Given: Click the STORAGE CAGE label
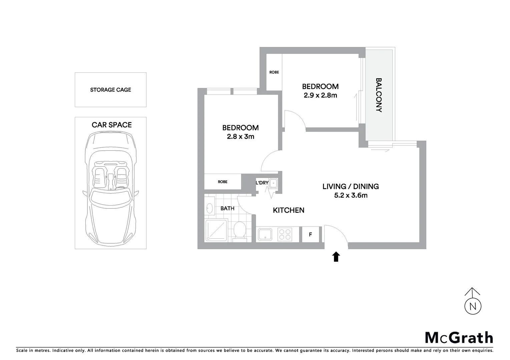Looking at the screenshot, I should click(x=110, y=90).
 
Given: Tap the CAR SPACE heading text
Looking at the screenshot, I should click(x=111, y=125).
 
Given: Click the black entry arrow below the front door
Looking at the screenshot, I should click(x=336, y=257).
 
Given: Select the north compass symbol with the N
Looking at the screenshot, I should click(x=473, y=305).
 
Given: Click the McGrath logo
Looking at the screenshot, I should click(x=459, y=338).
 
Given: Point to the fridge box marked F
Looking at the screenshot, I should click(x=310, y=234).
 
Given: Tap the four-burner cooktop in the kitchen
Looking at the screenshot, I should click(x=285, y=234).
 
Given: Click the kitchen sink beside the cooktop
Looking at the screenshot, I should click(x=266, y=234).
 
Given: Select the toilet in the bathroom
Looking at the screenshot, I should click(x=239, y=231).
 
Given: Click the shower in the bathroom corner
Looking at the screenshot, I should click(x=216, y=230).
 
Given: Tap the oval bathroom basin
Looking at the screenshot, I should click(x=209, y=209).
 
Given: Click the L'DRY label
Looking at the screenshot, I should click(x=262, y=183).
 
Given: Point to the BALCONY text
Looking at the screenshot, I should click(x=379, y=95).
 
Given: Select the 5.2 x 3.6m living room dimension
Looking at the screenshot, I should click(x=351, y=195).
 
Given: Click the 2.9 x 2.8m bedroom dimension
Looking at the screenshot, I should click(x=320, y=95).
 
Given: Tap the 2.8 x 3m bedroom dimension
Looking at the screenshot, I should click(x=240, y=136).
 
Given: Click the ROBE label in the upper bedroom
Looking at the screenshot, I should click(x=274, y=72).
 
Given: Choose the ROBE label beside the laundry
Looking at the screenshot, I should click(x=222, y=182).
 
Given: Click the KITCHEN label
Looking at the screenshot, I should click(x=289, y=210).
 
